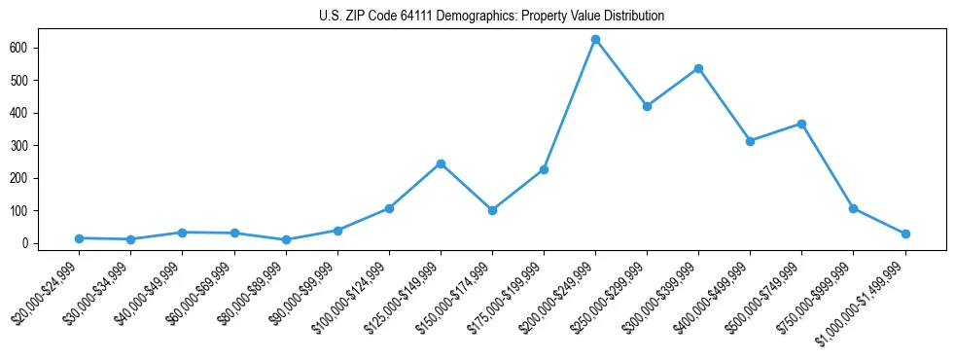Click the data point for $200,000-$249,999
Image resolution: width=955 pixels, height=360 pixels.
[595, 40]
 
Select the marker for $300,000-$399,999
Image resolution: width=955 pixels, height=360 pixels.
[698, 69]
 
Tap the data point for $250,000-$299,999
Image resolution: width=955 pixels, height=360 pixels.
[647, 106]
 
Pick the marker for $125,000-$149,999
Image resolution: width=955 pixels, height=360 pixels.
[441, 163]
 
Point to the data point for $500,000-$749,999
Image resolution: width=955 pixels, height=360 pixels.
[801, 124]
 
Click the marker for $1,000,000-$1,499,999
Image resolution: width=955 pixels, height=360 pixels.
[905, 234]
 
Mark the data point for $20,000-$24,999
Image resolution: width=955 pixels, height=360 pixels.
[79, 238]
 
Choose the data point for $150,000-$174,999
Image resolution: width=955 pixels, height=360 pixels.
[492, 210]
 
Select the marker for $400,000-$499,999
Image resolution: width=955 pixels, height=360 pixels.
[750, 141]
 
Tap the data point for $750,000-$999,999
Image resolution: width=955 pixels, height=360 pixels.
[853, 208]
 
